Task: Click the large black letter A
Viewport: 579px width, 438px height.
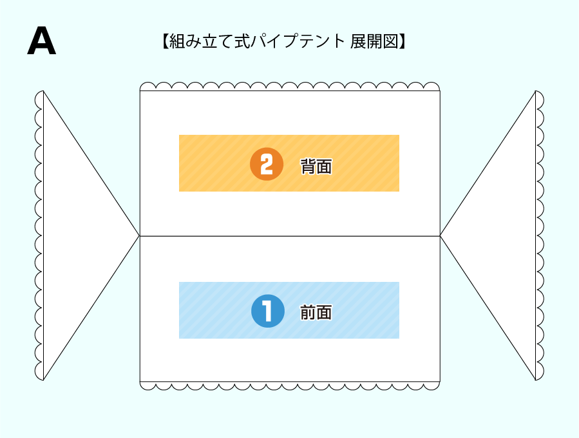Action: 41,42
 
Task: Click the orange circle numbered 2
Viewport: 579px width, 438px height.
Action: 267,164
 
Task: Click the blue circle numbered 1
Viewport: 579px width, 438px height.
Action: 267,312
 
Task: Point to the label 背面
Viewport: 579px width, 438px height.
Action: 316,166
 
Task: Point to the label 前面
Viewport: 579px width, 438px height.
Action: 316,313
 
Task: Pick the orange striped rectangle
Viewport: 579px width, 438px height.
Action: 213,163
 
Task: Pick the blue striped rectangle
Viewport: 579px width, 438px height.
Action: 213,310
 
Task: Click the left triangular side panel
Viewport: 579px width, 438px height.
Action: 77,235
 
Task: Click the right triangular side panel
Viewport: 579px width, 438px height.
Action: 502,235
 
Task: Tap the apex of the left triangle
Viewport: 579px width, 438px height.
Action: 139,235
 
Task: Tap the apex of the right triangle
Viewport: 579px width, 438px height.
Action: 441,235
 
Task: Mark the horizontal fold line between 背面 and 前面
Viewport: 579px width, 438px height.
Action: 290,236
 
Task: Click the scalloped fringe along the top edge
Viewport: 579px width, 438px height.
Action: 290,87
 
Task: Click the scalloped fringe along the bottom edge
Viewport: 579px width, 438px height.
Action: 290,385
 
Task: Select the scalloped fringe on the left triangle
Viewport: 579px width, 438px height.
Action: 39,235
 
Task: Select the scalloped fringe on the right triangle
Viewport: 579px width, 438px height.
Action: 540,235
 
